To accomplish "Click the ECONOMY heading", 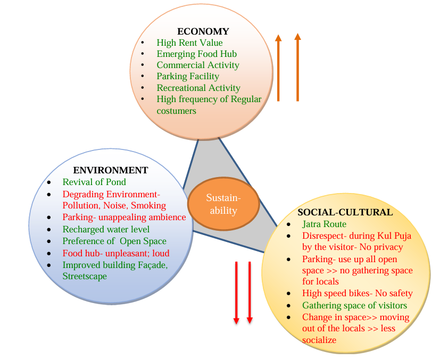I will pos(203,31).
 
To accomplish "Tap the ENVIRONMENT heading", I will pos(110,170).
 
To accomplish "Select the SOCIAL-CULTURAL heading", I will pos(345,212).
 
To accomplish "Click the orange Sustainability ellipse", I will pos(223,204).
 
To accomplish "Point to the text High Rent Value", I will pos(189,43).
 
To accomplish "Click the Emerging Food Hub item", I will pos(196,54).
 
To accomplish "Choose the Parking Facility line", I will pos(188,76).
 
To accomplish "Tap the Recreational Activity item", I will pos(198,88).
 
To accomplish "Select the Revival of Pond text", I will pos(94,182).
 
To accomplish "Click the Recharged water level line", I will pos(106,229).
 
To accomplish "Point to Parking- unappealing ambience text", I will pos(124,217).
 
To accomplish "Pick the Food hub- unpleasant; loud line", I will pos(115,253).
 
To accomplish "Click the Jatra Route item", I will pos(324,224).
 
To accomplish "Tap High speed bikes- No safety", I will pos(357,293).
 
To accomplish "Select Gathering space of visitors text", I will pos(354,305).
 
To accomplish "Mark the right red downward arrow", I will pos(250,292).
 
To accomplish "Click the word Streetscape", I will pos(85,277).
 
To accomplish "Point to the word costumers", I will pos(176,111).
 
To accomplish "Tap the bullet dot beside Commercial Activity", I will pos(143,65).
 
